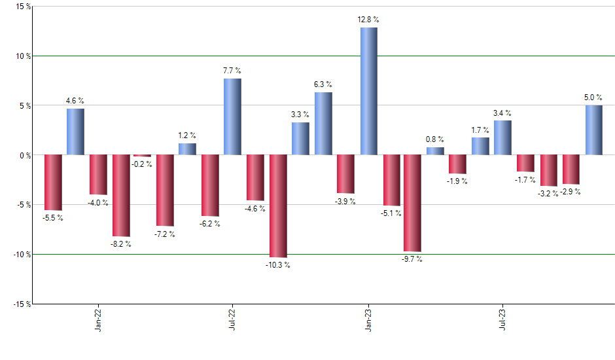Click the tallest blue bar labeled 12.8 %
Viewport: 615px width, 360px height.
coord(368,91)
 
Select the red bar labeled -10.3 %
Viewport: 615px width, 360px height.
coord(278,206)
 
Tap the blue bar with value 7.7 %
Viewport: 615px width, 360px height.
coord(232,117)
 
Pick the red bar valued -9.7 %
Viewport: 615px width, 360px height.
coord(412,203)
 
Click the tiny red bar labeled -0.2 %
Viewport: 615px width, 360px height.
coord(142,156)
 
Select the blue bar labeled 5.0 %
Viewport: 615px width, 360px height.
coord(593,130)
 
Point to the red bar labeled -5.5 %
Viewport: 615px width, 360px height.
coord(52,182)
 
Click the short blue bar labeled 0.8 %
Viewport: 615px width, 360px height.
coord(435,151)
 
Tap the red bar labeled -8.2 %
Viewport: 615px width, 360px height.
coord(121,195)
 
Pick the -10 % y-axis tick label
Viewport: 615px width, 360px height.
coord(21,254)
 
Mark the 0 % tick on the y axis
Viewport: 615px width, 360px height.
coord(25,155)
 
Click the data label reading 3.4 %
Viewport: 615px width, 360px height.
coord(502,113)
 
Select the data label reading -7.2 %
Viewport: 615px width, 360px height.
coord(165,234)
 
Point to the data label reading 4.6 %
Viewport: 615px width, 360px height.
coord(75,101)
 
